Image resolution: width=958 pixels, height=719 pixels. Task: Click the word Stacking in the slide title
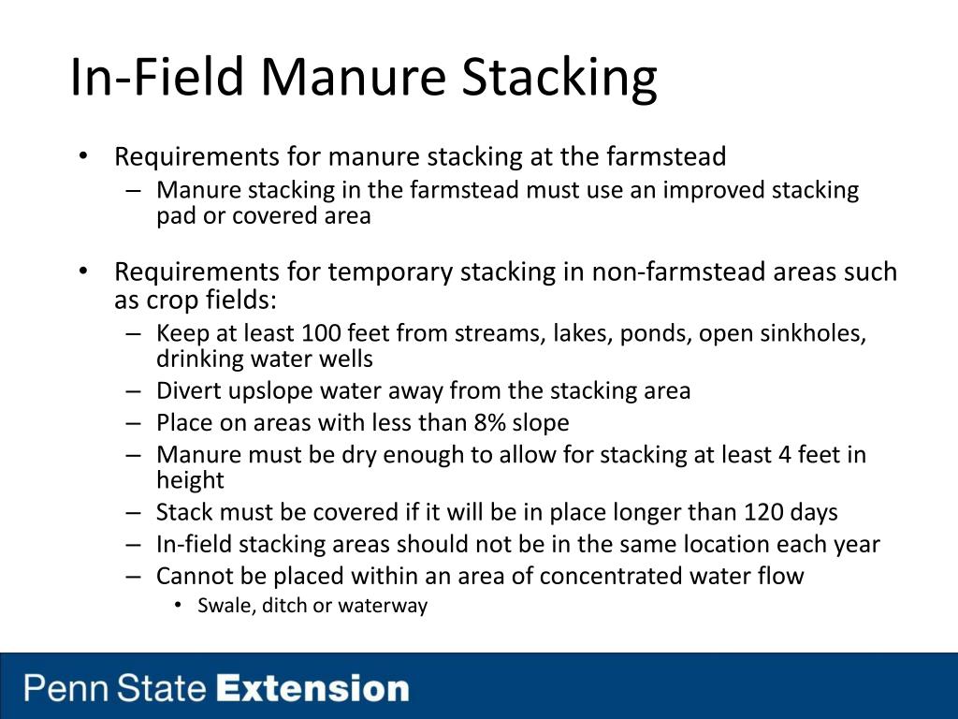[x=559, y=78]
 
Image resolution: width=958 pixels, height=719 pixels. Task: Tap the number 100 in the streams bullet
[x=321, y=333]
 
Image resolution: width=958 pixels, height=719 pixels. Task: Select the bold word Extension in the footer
[x=312, y=688]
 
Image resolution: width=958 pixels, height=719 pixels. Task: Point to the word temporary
[x=390, y=272]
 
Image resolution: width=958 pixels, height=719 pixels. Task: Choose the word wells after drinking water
[x=346, y=359]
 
